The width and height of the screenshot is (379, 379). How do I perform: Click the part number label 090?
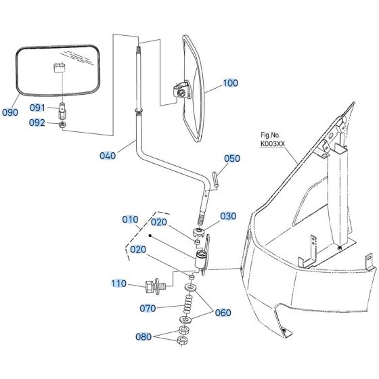(x=10, y=112)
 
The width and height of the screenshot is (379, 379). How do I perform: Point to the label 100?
(x=230, y=83)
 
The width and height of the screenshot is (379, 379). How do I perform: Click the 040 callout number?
(x=107, y=156)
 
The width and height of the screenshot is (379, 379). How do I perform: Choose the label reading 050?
(x=232, y=158)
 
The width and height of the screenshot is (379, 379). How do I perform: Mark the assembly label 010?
(x=130, y=219)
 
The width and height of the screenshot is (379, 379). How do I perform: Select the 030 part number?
(x=228, y=216)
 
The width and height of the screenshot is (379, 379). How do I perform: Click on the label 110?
(x=120, y=284)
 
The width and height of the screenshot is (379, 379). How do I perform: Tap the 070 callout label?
(x=148, y=309)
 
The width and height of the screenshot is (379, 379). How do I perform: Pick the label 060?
(x=223, y=313)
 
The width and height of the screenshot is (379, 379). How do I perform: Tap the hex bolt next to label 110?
(x=152, y=285)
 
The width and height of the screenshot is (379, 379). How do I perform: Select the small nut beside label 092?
(x=62, y=124)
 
